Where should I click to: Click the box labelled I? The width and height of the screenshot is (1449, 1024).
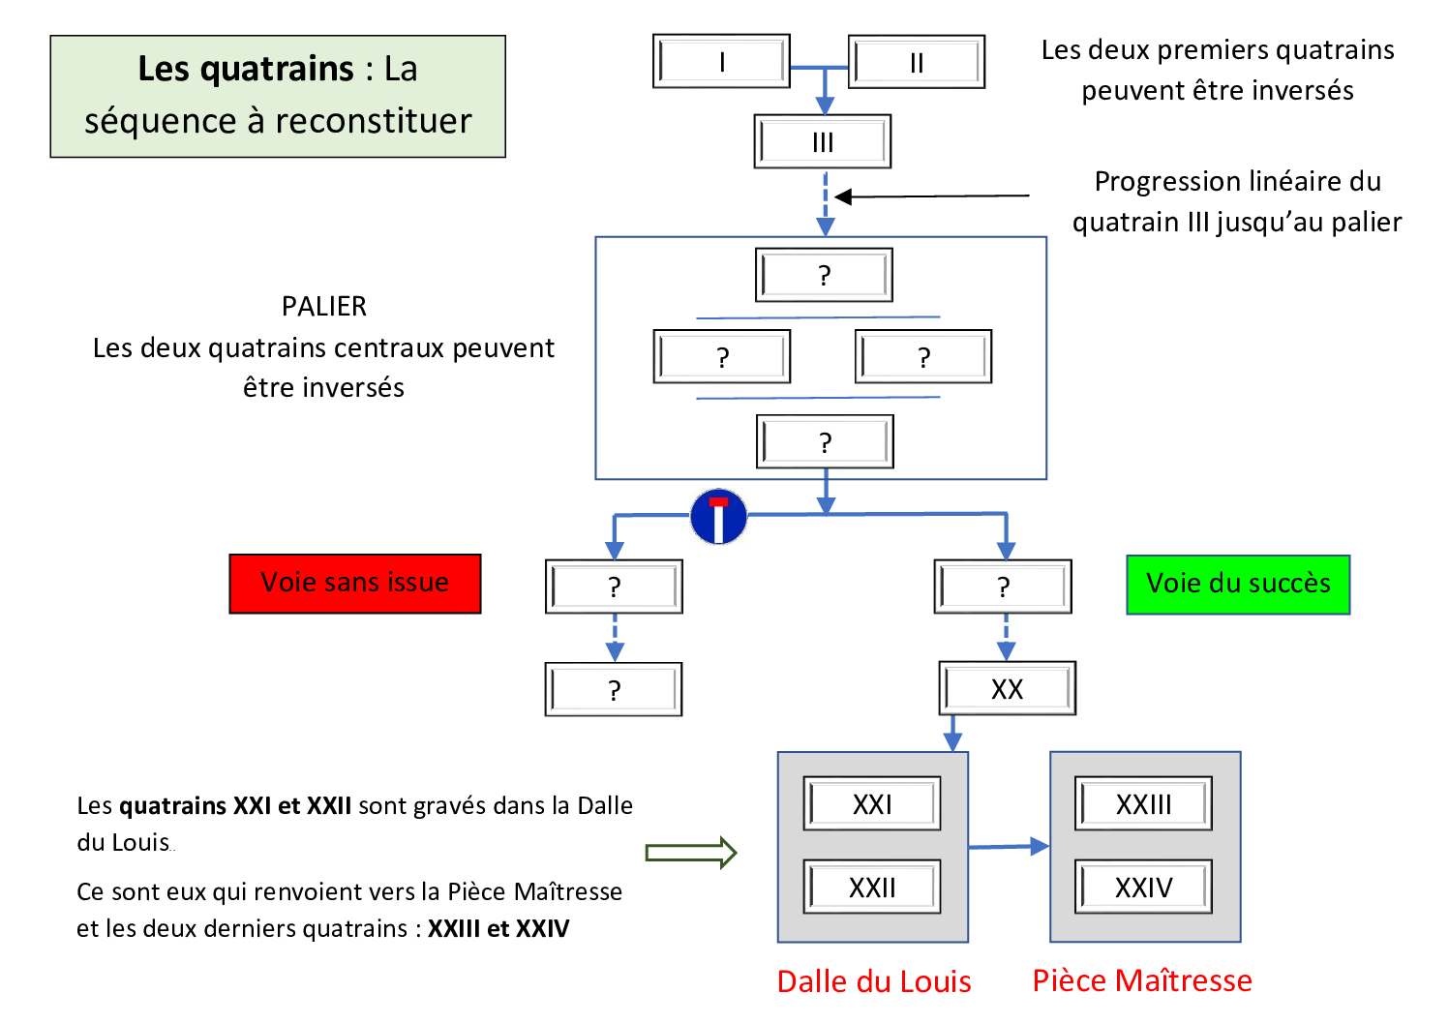(721, 62)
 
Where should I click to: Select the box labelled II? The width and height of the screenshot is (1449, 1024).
(916, 62)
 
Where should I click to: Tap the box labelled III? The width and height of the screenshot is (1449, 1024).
(823, 142)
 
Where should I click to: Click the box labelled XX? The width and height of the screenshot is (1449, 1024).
(1007, 688)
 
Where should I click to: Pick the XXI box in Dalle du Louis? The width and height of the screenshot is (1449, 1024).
(872, 803)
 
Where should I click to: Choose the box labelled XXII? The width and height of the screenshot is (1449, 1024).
(872, 887)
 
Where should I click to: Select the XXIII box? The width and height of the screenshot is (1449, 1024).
(1143, 803)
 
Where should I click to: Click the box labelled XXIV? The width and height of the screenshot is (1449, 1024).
(1143, 887)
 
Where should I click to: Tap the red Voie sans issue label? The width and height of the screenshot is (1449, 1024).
(355, 583)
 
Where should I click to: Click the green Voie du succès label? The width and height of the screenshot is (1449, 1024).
(1238, 584)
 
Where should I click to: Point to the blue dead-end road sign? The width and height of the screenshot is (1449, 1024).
(718, 517)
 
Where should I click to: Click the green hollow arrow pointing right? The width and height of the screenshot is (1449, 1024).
(691, 853)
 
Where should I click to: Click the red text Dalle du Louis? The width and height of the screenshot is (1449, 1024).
(874, 981)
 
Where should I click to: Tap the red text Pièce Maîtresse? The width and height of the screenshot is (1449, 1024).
(1142, 980)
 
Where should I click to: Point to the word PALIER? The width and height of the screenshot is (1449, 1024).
(324, 306)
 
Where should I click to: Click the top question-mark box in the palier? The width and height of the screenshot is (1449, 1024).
(824, 276)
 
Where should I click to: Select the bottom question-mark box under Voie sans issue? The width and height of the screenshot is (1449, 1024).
(614, 689)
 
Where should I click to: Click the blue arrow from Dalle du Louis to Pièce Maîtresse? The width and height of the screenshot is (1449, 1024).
(1010, 847)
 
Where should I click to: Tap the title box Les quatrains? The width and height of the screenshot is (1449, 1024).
(278, 96)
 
